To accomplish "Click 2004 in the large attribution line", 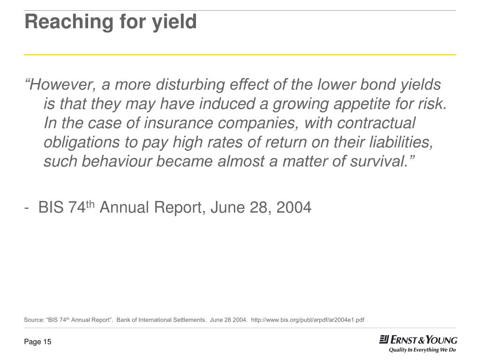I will (x=294, y=207).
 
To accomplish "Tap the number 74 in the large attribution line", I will (x=76, y=207).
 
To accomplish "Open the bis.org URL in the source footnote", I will (x=307, y=320).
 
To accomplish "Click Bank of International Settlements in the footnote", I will (x=161, y=320).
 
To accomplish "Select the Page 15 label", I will (x=37, y=342).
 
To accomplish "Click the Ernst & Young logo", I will (x=418, y=340).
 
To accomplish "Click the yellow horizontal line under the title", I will (x=240, y=55).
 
